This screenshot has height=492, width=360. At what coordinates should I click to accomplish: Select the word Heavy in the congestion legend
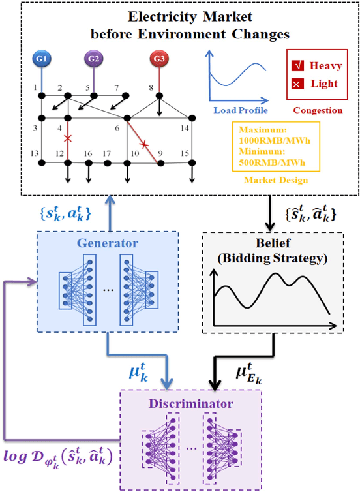(x=325, y=65)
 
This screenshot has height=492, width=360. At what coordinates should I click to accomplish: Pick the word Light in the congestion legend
(x=324, y=85)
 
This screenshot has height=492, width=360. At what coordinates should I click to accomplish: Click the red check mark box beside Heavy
(x=296, y=66)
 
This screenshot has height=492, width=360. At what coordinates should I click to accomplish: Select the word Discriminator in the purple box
(x=190, y=404)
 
